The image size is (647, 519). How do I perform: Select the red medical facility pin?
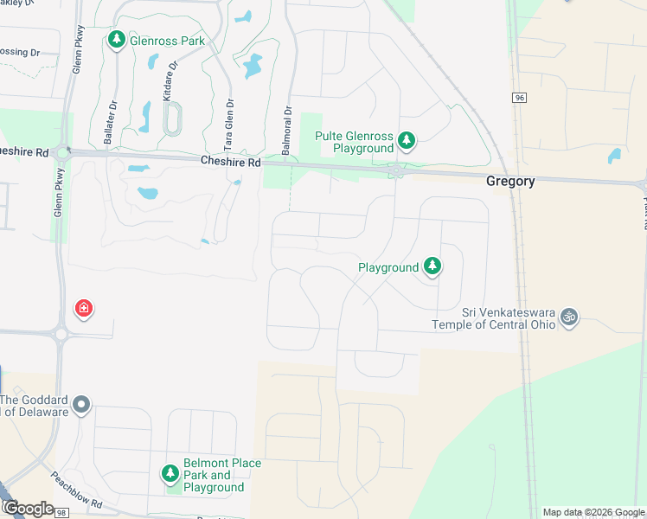pyautogui.click(x=84, y=309)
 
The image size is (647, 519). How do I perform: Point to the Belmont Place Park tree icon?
pyautogui.click(x=170, y=473)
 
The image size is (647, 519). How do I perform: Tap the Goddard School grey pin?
pyautogui.click(x=81, y=404)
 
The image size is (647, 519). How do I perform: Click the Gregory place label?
pyautogui.click(x=510, y=182)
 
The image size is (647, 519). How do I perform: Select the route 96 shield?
pyautogui.click(x=519, y=98)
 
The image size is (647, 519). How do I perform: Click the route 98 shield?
pyautogui.click(x=61, y=513)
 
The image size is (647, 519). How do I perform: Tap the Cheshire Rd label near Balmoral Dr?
pyautogui.click(x=229, y=161)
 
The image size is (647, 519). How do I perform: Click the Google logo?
pyautogui.click(x=28, y=509)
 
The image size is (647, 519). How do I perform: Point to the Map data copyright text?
pyautogui.click(x=593, y=512)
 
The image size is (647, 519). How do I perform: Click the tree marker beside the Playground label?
pyautogui.click(x=432, y=267)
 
